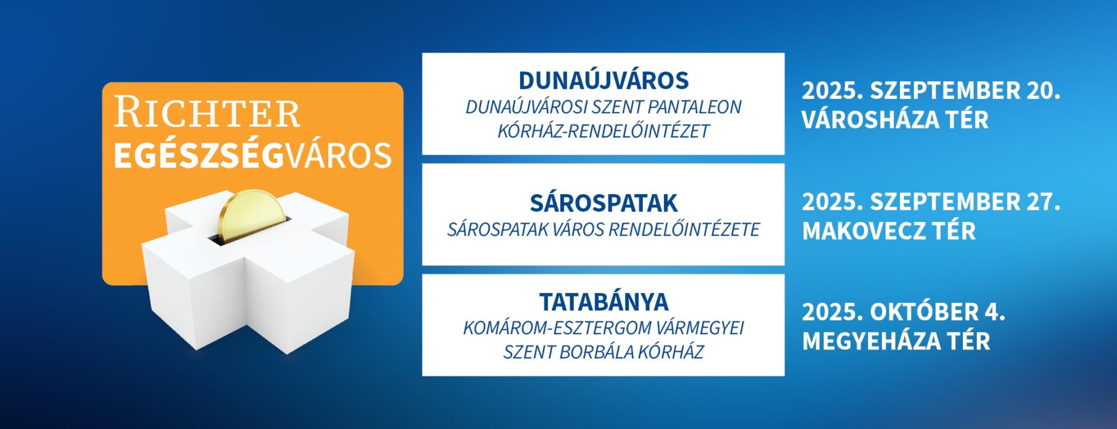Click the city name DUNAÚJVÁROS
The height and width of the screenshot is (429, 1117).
tap(603, 80)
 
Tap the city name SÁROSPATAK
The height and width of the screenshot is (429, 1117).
tap(603, 203)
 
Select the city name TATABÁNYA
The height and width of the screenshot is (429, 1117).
tap(603, 302)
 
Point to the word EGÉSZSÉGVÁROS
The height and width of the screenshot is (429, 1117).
tap(253, 155)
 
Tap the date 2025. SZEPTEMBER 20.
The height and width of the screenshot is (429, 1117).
tap(931, 91)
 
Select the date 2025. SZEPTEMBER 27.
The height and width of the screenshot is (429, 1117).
tap(931, 202)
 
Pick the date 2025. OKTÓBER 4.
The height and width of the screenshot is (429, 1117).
tap(903, 312)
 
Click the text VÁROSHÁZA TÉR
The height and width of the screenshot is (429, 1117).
tap(895, 120)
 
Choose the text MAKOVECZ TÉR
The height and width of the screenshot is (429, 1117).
tap(889, 231)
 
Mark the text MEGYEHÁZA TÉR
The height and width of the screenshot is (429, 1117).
tap(896, 341)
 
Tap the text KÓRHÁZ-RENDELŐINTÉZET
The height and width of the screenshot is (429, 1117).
tap(603, 131)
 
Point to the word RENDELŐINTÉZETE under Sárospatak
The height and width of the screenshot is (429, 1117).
tap(684, 230)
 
